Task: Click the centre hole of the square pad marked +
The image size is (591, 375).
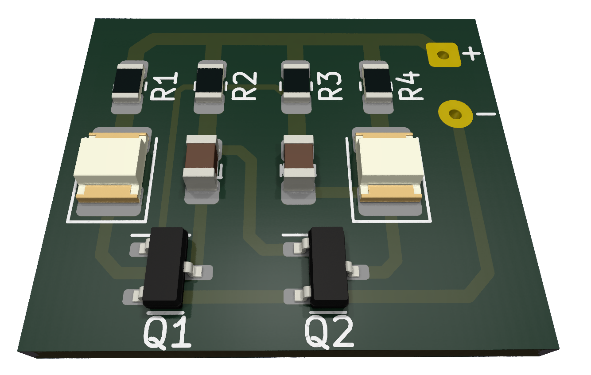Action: point(443,55)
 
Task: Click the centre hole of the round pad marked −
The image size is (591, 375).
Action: point(455,114)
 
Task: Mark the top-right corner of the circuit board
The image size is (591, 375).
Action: point(475,19)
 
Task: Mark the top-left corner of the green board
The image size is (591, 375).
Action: point(95,18)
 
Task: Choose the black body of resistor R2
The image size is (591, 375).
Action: point(210,80)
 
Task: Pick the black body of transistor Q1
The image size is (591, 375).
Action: point(165,267)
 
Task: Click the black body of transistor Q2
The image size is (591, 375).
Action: point(329,266)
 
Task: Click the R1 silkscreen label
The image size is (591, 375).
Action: point(164,86)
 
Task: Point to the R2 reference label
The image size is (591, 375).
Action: point(244,86)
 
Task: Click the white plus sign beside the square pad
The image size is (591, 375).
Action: point(471,54)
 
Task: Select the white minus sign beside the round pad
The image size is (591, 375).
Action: point(486,114)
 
